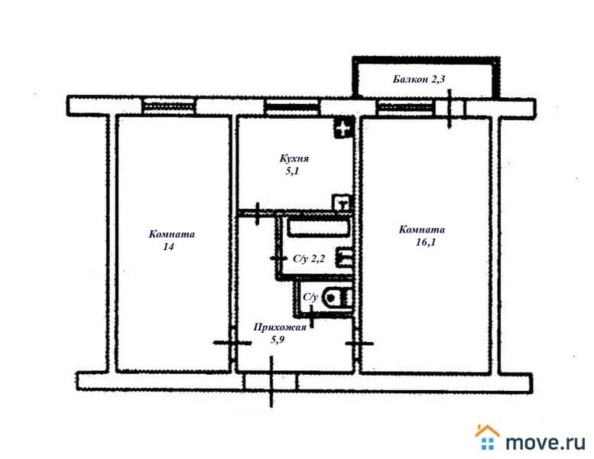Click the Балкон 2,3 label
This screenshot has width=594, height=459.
pyautogui.click(x=419, y=80)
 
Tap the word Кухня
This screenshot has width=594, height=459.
pyautogui.click(x=294, y=158)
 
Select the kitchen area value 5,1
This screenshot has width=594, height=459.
pyautogui.click(x=292, y=171)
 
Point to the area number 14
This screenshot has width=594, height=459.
pyautogui.click(x=169, y=247)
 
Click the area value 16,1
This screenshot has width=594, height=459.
pyautogui.click(x=425, y=243)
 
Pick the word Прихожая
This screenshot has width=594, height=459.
pyautogui.click(x=280, y=327)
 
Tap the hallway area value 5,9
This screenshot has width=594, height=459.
pyautogui.click(x=278, y=340)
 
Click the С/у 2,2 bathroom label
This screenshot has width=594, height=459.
pyautogui.click(x=309, y=259)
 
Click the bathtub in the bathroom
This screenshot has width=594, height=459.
pyautogui.click(x=318, y=228)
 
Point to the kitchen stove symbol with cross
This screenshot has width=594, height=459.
pyautogui.click(x=343, y=129)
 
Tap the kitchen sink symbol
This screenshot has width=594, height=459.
pyautogui.click(x=342, y=202)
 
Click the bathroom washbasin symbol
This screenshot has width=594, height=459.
pyautogui.click(x=345, y=257)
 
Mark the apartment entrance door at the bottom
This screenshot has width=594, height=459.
pyautogui.click(x=271, y=382)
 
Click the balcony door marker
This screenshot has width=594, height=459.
pyautogui.click(x=450, y=109)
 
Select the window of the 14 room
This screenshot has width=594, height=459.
pyautogui.click(x=170, y=106)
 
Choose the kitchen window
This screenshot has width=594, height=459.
pyautogui.click(x=292, y=106)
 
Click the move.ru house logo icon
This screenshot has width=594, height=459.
pyautogui.click(x=487, y=437)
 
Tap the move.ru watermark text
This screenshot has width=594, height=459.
pyautogui.click(x=545, y=442)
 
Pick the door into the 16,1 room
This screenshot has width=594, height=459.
pyautogui.click(x=359, y=343)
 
